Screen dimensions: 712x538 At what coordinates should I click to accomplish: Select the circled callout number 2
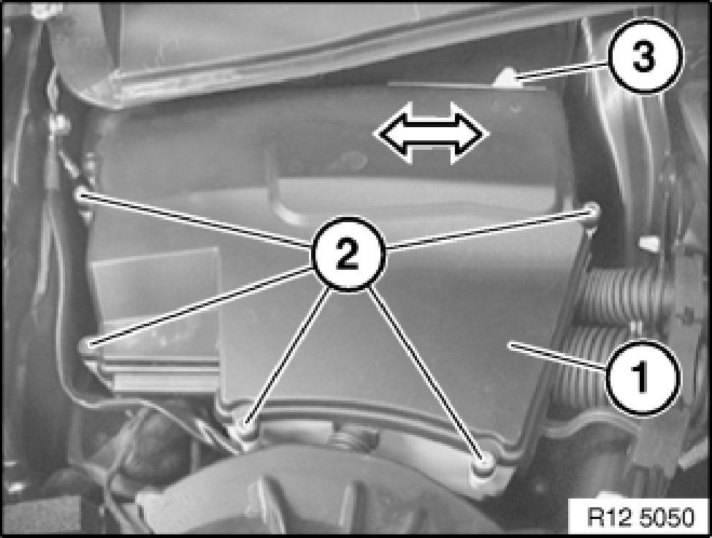(348, 254)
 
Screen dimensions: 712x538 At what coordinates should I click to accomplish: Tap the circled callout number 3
(644, 56)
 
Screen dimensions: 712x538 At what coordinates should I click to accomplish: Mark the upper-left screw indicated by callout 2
(82, 193)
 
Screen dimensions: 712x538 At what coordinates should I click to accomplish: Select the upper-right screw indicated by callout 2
(592, 210)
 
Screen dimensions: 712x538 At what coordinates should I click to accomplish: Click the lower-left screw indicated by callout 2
(87, 345)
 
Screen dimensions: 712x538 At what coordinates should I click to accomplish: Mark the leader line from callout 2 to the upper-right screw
(489, 230)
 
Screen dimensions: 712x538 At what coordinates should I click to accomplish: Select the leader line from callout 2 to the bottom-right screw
(426, 374)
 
